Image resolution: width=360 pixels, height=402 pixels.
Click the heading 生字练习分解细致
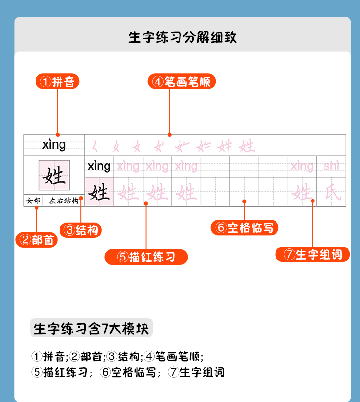(x=182, y=37)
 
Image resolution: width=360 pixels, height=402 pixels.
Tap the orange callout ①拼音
(x=58, y=82)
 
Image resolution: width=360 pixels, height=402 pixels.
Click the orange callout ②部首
(x=36, y=240)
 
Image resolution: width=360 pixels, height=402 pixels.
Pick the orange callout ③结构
(x=81, y=230)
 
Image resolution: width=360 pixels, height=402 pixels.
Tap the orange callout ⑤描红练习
(x=146, y=257)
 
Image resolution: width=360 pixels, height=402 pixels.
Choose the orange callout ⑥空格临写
(x=244, y=227)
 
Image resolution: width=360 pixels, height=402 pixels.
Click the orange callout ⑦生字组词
(x=312, y=254)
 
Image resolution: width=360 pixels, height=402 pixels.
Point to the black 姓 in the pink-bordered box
(x=54, y=176)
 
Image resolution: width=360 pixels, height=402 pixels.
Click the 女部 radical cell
(x=34, y=201)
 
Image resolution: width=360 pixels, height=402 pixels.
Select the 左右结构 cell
(x=64, y=201)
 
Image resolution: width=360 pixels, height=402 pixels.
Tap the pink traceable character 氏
(x=331, y=192)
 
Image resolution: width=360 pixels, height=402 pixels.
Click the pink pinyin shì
(x=331, y=166)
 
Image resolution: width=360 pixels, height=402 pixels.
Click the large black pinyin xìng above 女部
(x=54, y=144)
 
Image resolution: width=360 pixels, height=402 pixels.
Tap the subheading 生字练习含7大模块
(x=91, y=329)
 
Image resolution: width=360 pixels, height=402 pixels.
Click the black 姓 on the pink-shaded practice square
(x=99, y=192)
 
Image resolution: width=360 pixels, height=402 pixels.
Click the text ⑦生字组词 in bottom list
(x=196, y=372)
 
